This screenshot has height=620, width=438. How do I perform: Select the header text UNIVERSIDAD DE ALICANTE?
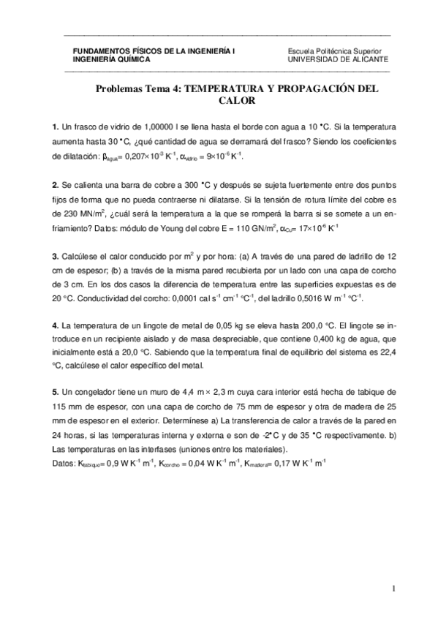339,60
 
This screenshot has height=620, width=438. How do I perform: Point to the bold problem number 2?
55,184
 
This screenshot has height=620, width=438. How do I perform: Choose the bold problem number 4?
55,325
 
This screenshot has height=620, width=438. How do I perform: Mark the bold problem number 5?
55,392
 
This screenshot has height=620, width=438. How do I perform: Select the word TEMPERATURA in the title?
223,88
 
